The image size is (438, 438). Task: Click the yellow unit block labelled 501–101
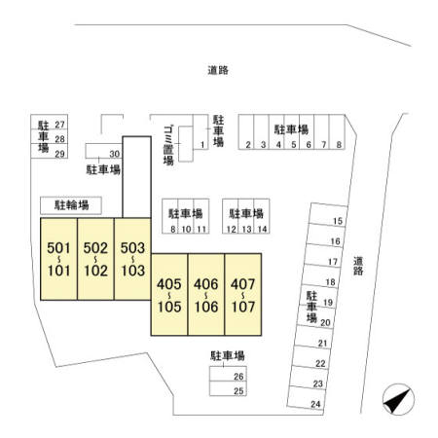[58, 259]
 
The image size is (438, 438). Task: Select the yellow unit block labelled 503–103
[132, 259]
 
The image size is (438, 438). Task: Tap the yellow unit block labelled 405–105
[169, 295]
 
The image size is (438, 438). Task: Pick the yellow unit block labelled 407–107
[243, 295]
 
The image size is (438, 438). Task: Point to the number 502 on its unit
[95, 248]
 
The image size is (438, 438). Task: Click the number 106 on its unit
[206, 307]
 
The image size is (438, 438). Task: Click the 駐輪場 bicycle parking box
[71, 205]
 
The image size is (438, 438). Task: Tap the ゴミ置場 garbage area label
[168, 146]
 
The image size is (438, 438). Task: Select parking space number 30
[104, 151]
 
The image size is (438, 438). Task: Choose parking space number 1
[201, 131]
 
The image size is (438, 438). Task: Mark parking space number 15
[328, 214]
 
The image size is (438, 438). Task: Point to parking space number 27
[50, 122]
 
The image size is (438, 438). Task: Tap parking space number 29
[50, 151]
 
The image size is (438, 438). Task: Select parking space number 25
[228, 388]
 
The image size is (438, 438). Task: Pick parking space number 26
[228, 374]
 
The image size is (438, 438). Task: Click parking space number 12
[231, 216]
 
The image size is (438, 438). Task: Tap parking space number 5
[292, 131]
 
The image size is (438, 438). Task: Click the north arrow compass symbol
[398, 399]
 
